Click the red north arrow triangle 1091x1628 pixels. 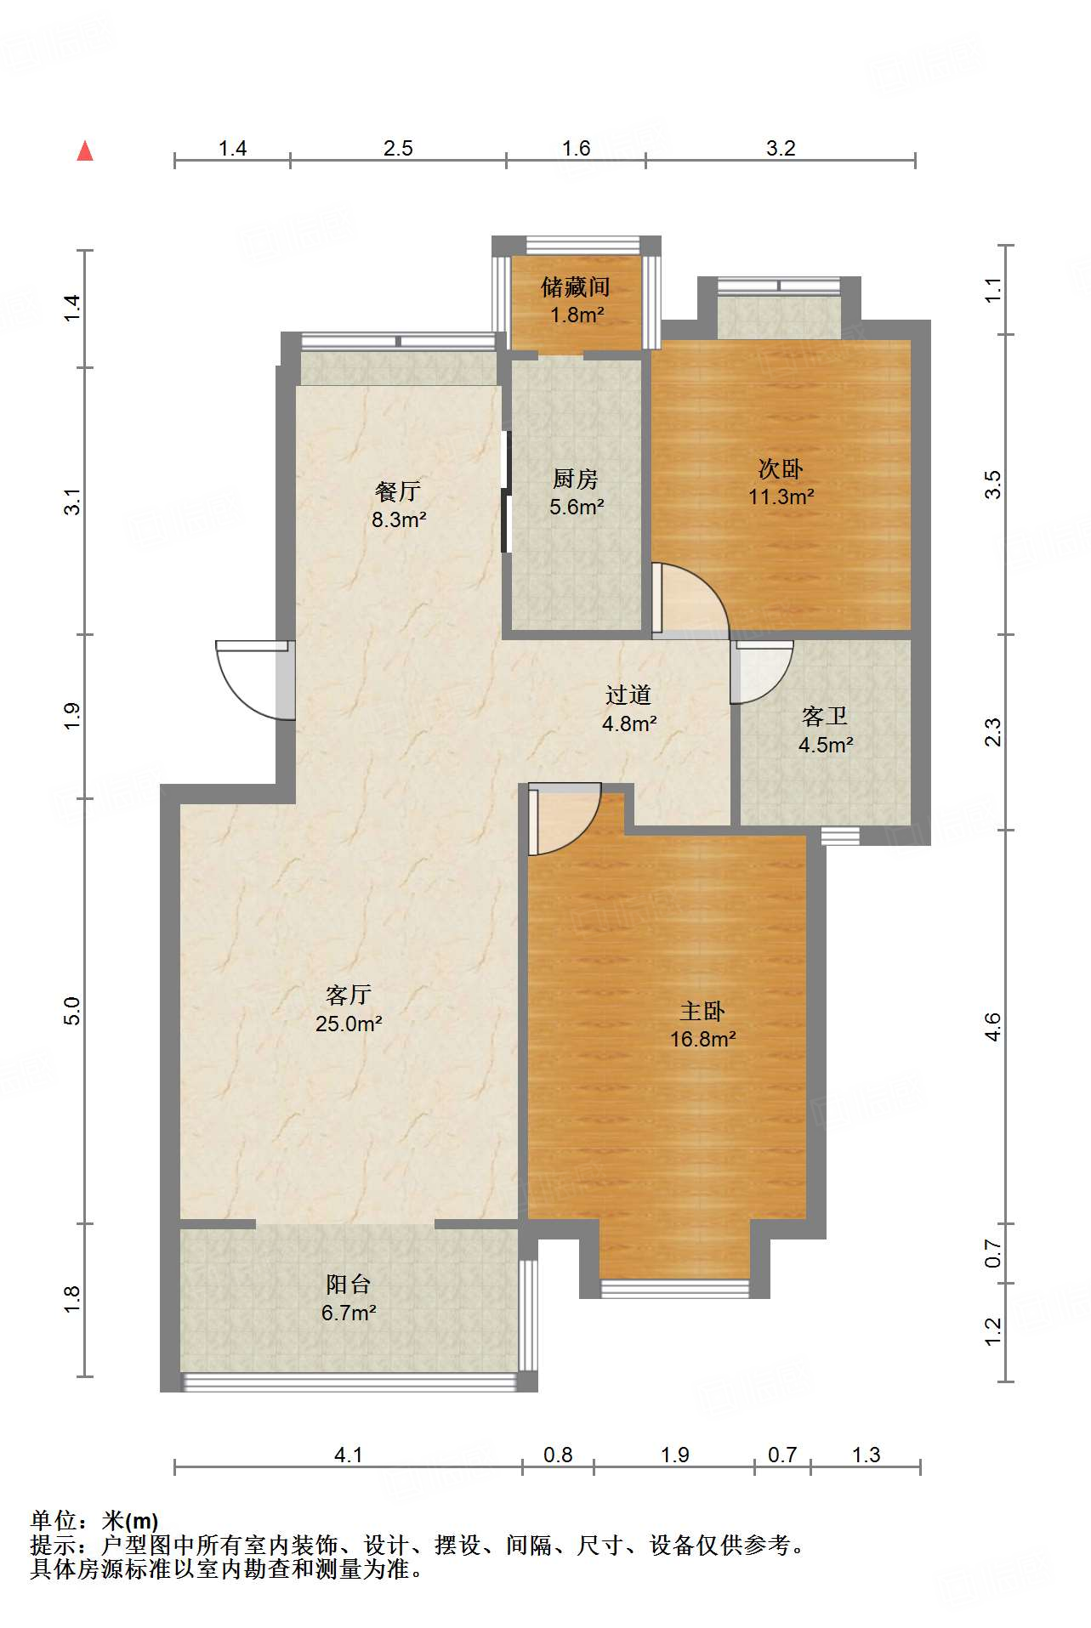tap(85, 151)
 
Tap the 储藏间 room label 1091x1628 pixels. tap(576, 287)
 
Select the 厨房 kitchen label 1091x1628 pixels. tap(576, 479)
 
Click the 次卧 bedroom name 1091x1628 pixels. tap(781, 468)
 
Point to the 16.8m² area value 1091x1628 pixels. tap(702, 1039)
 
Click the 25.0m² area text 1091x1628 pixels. tap(349, 1024)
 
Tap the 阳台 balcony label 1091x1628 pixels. tap(349, 1284)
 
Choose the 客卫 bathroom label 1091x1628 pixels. tap(825, 717)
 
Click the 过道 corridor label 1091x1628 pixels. tap(628, 695)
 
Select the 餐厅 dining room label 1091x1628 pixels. tap(398, 491)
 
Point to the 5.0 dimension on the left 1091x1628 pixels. tap(72, 1011)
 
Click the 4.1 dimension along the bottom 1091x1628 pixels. tap(348, 1455)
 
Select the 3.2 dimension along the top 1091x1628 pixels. tap(781, 148)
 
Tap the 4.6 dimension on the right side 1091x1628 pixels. tap(992, 1027)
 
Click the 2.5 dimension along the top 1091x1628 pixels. tap(398, 148)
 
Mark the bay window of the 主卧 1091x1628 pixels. tap(675, 1288)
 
